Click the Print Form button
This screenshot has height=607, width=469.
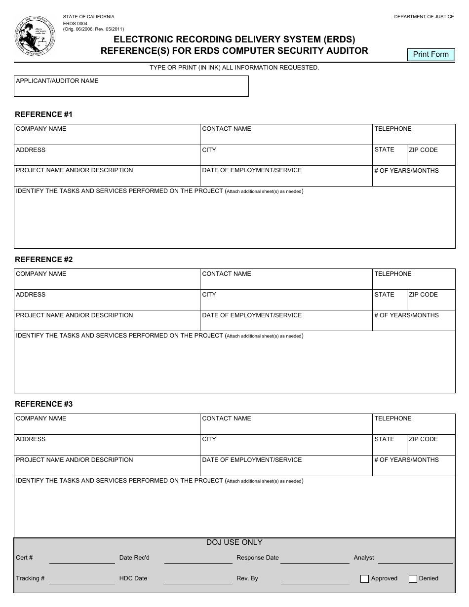coord(430,55)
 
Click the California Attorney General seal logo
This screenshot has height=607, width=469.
coord(35,37)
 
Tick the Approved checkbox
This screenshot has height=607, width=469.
coord(364,579)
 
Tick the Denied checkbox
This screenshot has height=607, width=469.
coord(413,579)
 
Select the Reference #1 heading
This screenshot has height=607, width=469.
coord(43,114)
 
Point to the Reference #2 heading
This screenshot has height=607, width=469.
coord(43,260)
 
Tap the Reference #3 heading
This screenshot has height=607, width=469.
coord(43,404)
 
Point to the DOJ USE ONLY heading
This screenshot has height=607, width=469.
coord(234,542)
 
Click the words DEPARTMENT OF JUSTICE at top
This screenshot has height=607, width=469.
coord(424,17)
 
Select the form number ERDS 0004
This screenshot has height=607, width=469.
coord(75,23)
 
